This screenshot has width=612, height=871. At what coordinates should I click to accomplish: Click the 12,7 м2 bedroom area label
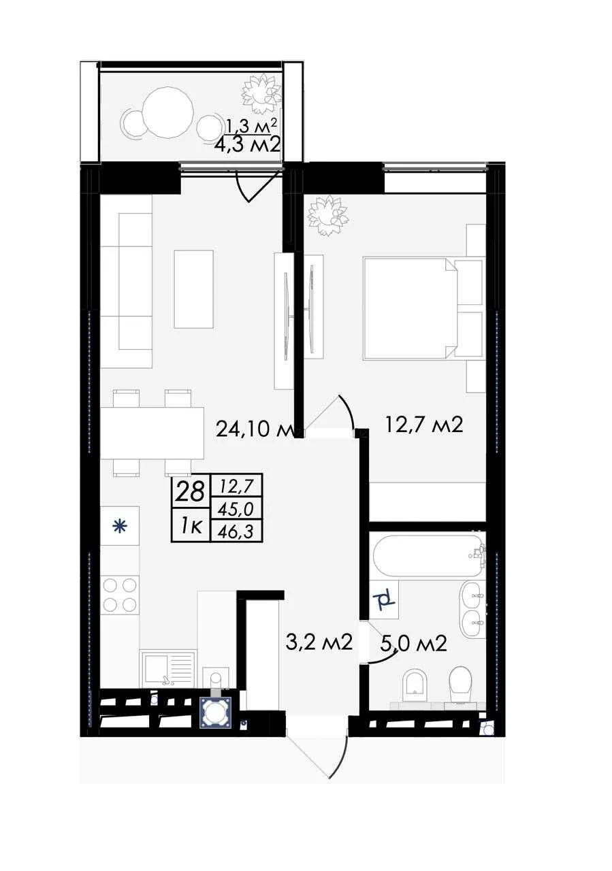(424, 425)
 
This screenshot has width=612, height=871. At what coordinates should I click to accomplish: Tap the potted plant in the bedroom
(328, 216)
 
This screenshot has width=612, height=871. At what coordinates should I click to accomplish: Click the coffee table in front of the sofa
(194, 289)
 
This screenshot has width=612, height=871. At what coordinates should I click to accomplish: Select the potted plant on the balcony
(261, 93)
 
